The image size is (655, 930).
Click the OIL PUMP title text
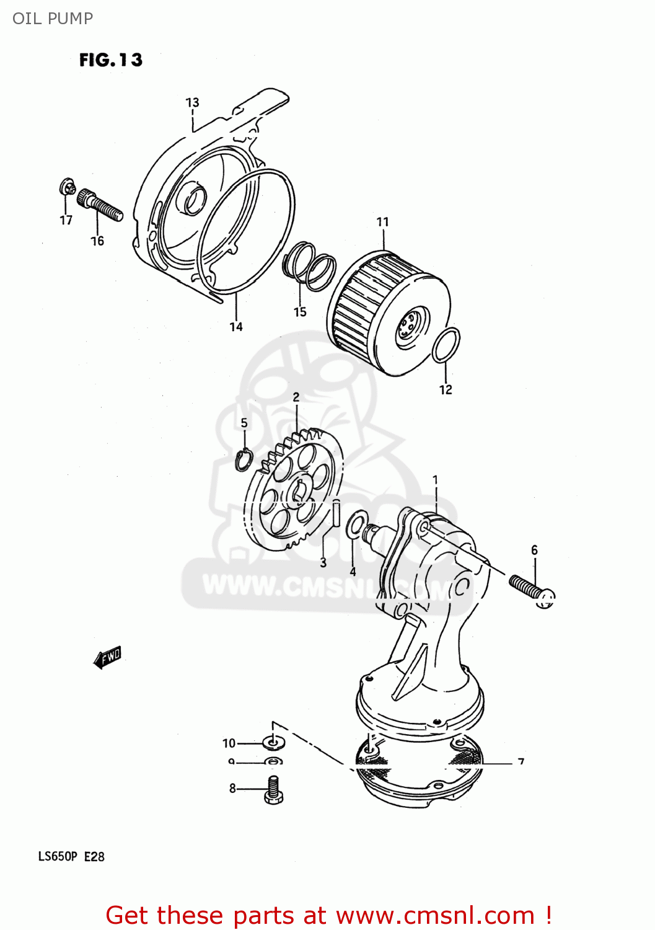(53, 19)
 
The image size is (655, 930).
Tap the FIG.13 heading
(111, 60)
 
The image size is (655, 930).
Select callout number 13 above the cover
(192, 102)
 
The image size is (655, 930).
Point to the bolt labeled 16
(100, 205)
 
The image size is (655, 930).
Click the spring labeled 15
(309, 265)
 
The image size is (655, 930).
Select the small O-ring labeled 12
(446, 345)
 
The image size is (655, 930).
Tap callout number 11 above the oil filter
(382, 221)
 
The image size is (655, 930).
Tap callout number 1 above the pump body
(435, 480)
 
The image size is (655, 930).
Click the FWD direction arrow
(108, 657)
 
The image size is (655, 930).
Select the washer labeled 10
(273, 742)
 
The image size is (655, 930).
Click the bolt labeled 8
(273, 790)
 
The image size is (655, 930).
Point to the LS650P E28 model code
(71, 856)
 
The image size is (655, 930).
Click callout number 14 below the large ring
(236, 327)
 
